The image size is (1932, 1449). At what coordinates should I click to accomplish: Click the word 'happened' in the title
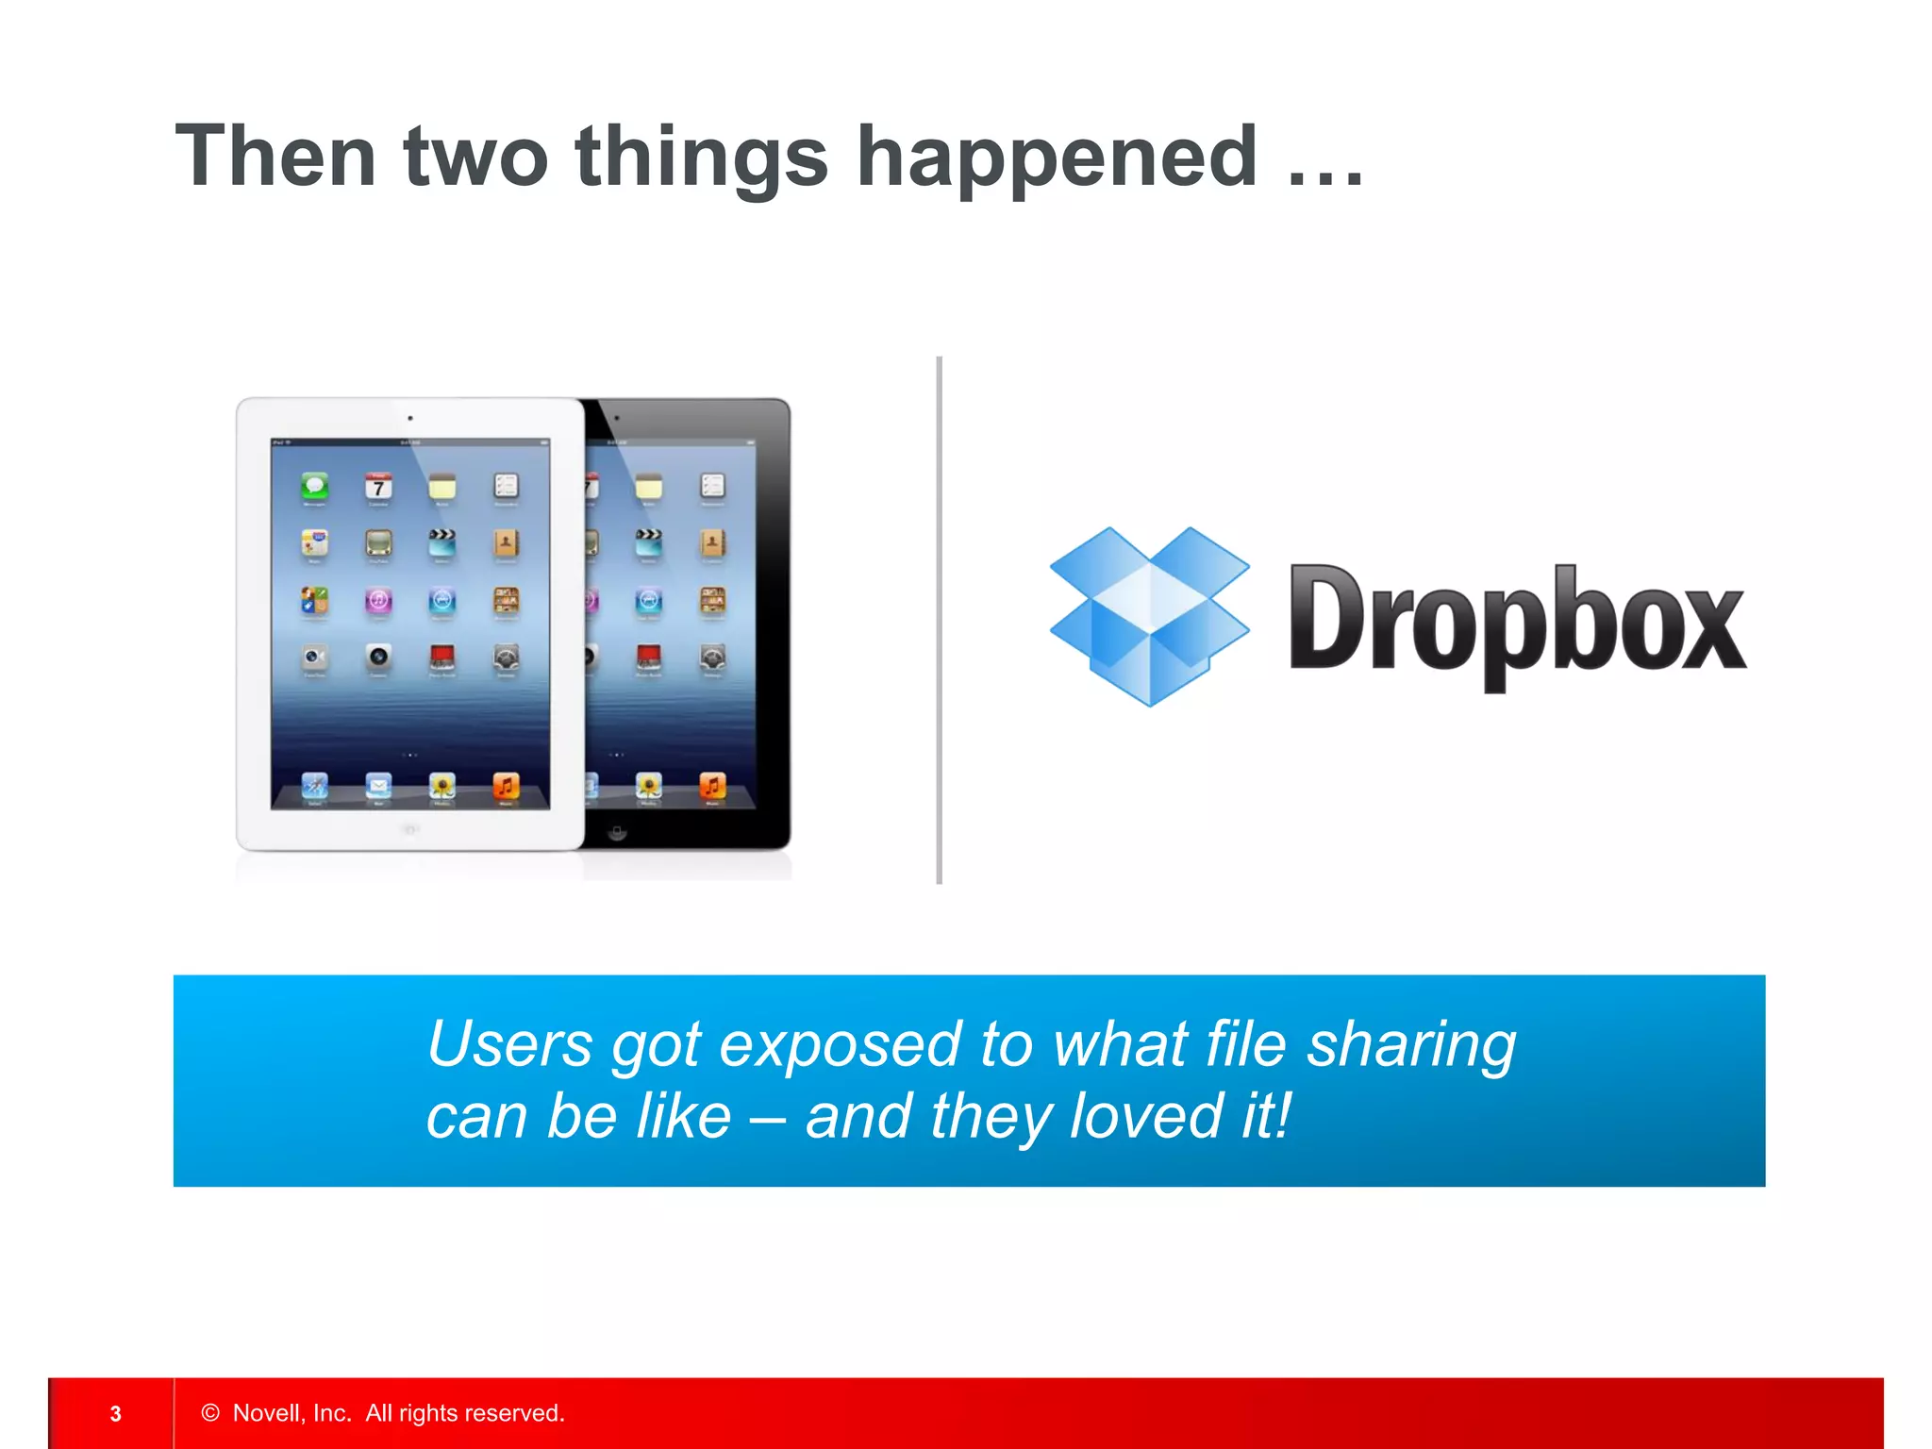pyautogui.click(x=1056, y=157)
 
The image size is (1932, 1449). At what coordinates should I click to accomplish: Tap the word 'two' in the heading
pyautogui.click(x=475, y=157)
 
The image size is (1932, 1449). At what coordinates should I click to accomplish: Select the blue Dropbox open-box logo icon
pyautogui.click(x=1149, y=615)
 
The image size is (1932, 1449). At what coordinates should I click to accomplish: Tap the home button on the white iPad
pyautogui.click(x=409, y=830)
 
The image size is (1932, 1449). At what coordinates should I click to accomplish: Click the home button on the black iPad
pyautogui.click(x=617, y=832)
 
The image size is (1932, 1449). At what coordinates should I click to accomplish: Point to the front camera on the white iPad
pyautogui.click(x=409, y=417)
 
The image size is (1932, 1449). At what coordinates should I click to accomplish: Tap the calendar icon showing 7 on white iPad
pyautogui.click(x=378, y=487)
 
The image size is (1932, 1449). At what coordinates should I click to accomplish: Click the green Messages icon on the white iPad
pyautogui.click(x=315, y=487)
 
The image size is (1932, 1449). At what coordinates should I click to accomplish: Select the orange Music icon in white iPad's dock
pyautogui.click(x=506, y=785)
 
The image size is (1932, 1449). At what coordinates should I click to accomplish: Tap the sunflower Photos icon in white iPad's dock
pyautogui.click(x=441, y=785)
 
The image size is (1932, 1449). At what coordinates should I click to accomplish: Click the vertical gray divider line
pyautogui.click(x=939, y=620)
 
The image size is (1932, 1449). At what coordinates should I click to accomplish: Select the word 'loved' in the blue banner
pyautogui.click(x=1146, y=1116)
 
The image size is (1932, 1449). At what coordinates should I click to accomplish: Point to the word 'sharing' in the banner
pyautogui.click(x=1411, y=1044)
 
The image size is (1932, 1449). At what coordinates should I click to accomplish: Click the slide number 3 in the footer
pyautogui.click(x=115, y=1413)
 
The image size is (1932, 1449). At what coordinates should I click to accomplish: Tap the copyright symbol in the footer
pyautogui.click(x=210, y=1412)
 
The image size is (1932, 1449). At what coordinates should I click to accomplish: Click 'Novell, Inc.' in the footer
pyautogui.click(x=291, y=1412)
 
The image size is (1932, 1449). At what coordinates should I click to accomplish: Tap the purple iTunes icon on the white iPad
pyautogui.click(x=378, y=600)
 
